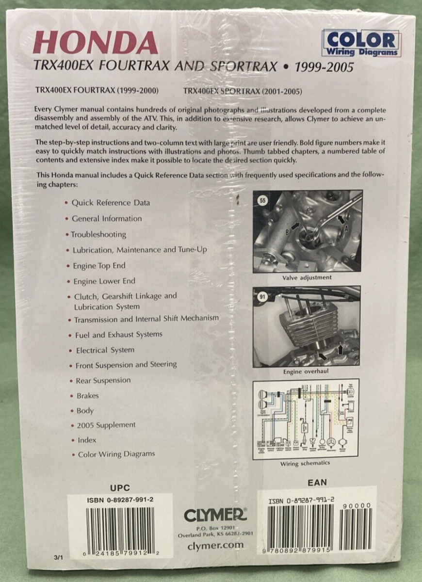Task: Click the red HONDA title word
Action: pyautogui.click(x=95, y=43)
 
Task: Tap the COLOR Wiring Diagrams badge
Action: pyautogui.click(x=361, y=43)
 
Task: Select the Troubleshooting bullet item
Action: pyautogui.click(x=98, y=234)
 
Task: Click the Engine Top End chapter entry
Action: pyautogui.click(x=99, y=266)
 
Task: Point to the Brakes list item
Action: pyautogui.click(x=87, y=396)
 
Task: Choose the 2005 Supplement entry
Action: pyautogui.click(x=106, y=425)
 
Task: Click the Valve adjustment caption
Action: pyautogui.click(x=307, y=277)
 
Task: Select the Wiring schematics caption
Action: pyautogui.click(x=305, y=463)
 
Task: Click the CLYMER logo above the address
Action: pyautogui.click(x=215, y=515)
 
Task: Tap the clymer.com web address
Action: pyautogui.click(x=215, y=546)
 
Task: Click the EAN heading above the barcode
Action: pyautogui.click(x=317, y=482)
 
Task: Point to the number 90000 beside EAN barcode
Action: pyautogui.click(x=357, y=506)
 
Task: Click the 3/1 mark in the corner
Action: pyautogui.click(x=60, y=557)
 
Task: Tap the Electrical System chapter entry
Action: pyautogui.click(x=105, y=350)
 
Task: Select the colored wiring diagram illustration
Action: pyautogui.click(x=306, y=419)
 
